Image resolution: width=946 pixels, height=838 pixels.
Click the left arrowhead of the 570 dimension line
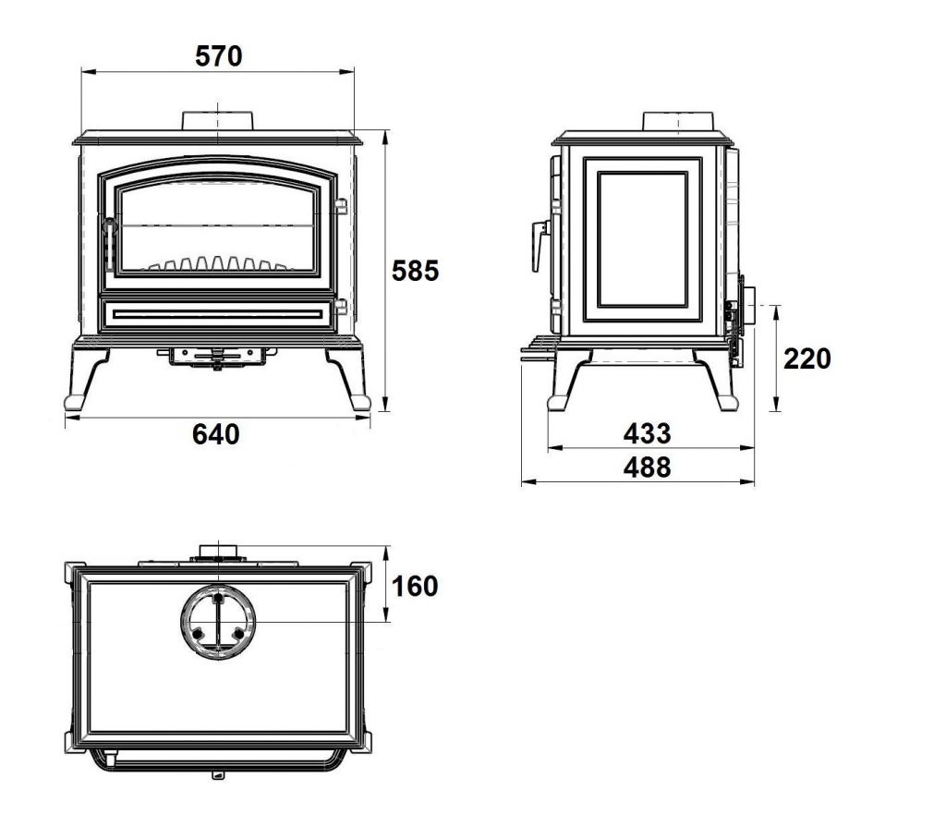click(88, 72)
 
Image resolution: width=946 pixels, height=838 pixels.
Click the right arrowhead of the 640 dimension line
click(363, 418)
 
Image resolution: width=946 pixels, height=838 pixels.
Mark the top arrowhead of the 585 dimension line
click(385, 138)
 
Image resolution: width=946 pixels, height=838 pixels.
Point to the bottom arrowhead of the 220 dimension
click(776, 405)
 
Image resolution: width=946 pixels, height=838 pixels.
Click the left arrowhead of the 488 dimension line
click(528, 481)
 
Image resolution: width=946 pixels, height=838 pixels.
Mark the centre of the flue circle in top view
click(218, 622)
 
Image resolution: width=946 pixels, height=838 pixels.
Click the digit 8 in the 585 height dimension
click(415, 271)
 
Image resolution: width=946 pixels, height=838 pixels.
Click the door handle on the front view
click(109, 244)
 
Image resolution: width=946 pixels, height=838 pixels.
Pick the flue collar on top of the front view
click(218, 121)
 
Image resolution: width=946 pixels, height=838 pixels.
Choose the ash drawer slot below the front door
click(217, 314)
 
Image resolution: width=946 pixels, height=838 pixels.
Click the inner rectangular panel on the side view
click(643, 239)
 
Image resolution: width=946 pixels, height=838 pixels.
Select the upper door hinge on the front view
click(341, 207)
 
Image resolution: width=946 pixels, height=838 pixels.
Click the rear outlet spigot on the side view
click(747, 306)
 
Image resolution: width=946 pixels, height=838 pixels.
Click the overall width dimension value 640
click(216, 434)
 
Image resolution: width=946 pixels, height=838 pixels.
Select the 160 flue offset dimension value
click(415, 587)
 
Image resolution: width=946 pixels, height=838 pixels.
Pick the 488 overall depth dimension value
click(647, 468)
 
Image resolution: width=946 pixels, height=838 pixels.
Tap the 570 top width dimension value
click(218, 56)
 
